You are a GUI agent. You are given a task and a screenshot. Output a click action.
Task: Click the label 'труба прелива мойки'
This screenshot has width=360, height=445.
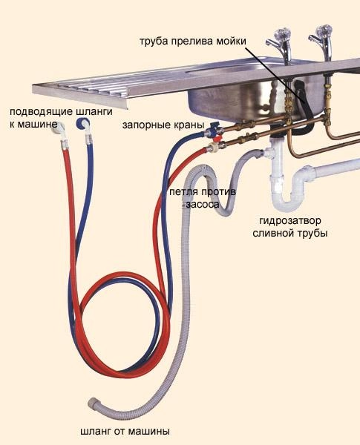(x=193, y=41)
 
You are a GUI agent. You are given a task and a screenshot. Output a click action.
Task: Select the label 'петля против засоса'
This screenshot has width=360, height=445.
(x=203, y=198)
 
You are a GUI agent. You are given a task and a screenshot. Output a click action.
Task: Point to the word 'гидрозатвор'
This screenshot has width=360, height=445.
(x=290, y=220)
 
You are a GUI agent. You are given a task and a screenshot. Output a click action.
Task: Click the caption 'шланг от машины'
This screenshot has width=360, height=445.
(x=125, y=432)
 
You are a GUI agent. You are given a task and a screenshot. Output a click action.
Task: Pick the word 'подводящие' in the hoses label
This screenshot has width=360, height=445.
(x=42, y=111)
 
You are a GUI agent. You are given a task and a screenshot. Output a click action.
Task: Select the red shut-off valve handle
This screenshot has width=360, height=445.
(x=217, y=139)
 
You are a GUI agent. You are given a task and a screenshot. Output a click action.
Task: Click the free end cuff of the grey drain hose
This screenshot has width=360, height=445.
(x=94, y=403)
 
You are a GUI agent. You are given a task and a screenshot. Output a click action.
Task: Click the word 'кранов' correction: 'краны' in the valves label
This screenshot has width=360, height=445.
(x=189, y=125)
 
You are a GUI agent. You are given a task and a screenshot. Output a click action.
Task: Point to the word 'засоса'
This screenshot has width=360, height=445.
(x=203, y=204)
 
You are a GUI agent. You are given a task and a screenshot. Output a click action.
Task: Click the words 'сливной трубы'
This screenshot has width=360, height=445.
(x=290, y=234)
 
